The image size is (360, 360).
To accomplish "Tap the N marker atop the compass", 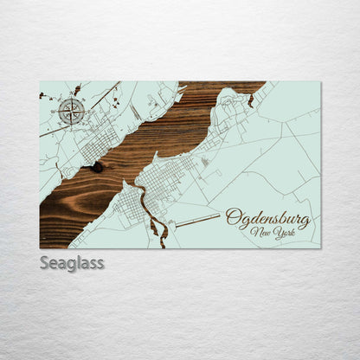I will [72, 98].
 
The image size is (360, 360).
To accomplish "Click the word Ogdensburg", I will [267, 218].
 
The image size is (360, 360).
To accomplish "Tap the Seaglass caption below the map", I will [72, 262].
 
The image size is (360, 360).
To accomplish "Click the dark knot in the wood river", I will [96, 166].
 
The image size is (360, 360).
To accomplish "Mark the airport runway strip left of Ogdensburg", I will [197, 222].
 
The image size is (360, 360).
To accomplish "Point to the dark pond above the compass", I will [77, 90].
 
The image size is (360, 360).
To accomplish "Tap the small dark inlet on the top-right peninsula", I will [251, 101].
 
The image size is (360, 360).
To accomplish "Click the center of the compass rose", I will [72, 111].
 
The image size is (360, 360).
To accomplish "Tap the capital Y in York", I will [273, 232].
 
